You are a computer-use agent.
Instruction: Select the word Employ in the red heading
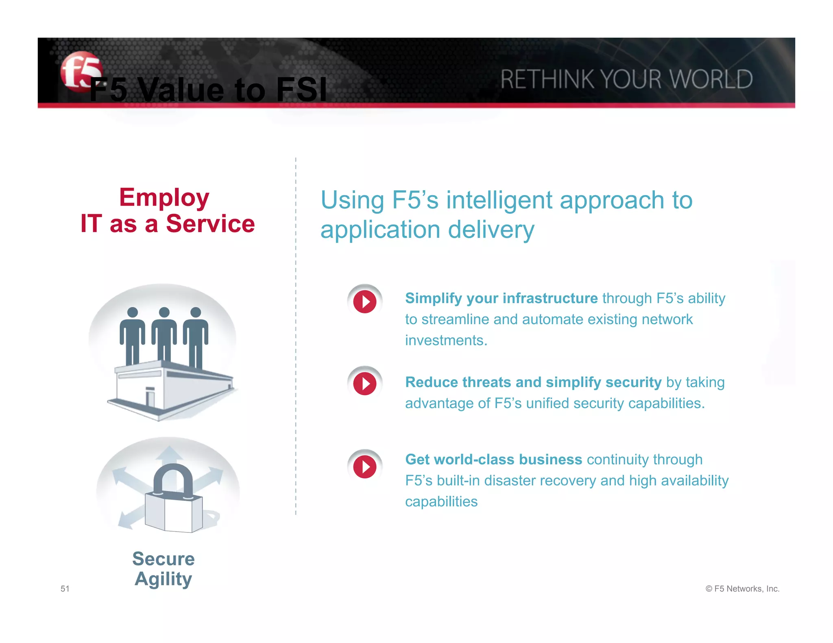click(x=164, y=198)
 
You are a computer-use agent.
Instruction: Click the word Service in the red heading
click(x=210, y=224)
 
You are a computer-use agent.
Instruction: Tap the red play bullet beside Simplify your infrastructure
click(x=364, y=302)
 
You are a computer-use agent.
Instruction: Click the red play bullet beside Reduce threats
click(x=364, y=384)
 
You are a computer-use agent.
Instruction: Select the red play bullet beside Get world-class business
click(x=364, y=467)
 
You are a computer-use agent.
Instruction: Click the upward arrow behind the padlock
click(x=169, y=455)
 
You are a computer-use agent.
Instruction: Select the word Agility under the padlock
click(x=163, y=579)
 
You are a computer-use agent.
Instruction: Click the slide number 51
click(x=65, y=589)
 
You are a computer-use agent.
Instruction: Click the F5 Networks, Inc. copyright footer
click(x=742, y=589)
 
